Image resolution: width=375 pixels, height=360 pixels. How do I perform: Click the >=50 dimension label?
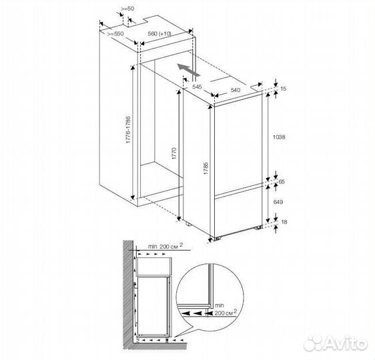coord(127,9)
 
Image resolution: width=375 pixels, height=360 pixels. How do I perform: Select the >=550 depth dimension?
coord(115,34)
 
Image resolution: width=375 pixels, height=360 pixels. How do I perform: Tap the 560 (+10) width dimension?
coord(159,34)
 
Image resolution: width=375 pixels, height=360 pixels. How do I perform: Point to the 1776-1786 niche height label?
coord(128,130)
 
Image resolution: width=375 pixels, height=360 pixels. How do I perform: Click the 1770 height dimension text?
coord(174,153)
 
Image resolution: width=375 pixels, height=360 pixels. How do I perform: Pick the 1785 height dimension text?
coord(206,169)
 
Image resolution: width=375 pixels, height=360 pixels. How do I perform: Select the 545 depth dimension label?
coord(197,87)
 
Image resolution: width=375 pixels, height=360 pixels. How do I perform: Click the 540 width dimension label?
coord(236,90)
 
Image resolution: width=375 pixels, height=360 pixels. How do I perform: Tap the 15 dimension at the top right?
coord(283,89)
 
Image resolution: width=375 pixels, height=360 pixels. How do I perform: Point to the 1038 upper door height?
coord(279,137)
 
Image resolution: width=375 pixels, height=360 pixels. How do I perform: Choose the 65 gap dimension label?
coord(282,182)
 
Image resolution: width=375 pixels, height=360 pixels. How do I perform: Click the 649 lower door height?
coord(278,202)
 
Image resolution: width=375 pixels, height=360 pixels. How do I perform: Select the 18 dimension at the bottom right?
coord(284,222)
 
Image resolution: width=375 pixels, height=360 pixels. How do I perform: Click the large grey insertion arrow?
coord(189,70)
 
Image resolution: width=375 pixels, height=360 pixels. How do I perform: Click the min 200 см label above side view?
coord(165,246)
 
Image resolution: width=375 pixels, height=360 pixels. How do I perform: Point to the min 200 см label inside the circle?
coord(225,309)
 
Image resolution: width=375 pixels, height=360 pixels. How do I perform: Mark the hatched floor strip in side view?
coord(155,347)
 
